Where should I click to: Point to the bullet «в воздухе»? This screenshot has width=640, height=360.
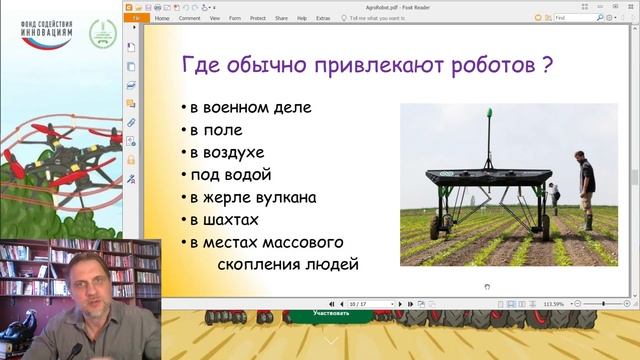(x=227, y=152)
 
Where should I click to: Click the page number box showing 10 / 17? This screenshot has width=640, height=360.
(x=357, y=303)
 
